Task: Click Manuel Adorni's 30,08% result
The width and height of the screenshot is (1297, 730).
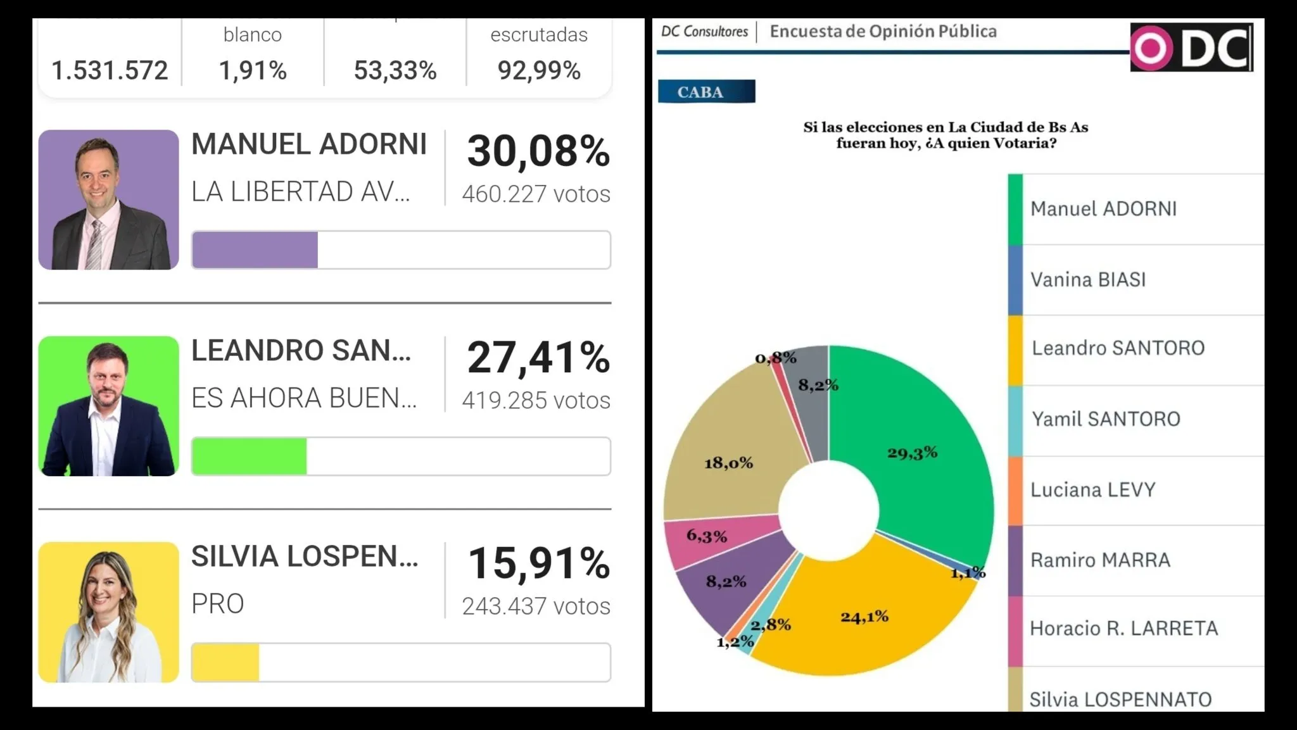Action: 538,152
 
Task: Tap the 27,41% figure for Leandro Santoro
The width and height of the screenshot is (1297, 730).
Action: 538,358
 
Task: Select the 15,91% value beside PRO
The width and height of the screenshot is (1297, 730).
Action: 538,563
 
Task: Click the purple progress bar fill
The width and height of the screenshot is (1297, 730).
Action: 255,250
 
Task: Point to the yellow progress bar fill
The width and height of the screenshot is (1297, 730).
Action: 225,662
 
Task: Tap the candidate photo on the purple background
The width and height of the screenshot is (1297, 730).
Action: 108,200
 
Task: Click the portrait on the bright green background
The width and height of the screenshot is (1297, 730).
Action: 108,406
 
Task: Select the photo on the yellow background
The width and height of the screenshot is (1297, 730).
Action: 108,612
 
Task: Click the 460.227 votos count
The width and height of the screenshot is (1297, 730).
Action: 536,194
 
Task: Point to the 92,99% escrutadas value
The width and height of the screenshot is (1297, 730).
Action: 539,70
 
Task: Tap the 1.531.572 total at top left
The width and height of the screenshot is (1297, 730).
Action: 110,70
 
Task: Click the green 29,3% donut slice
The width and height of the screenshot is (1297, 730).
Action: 918,456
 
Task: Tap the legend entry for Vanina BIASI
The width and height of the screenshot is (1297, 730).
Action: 1088,280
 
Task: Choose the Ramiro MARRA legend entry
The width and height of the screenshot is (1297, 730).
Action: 1100,560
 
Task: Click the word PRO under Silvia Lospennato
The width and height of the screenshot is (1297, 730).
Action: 218,604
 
